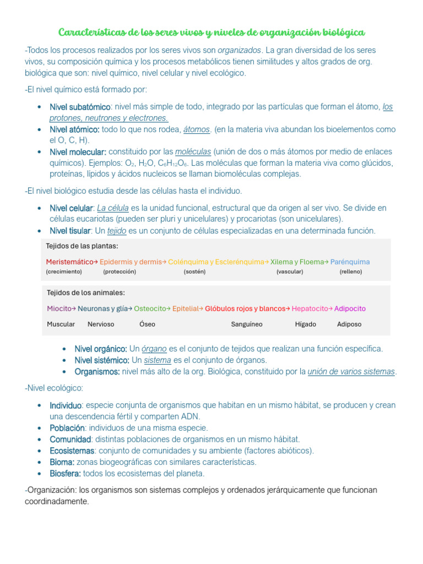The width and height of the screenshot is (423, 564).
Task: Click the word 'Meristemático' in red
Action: [69, 262]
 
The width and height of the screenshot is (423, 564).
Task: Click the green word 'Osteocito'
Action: [150, 309]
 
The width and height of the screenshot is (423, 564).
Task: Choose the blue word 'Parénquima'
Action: [350, 262]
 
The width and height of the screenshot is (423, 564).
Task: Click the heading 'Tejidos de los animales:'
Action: [85, 292]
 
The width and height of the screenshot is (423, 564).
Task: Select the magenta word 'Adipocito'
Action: [350, 309]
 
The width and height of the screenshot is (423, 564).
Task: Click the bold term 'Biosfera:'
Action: [65, 474]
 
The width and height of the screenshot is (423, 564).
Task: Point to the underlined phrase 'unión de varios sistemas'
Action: [351, 372]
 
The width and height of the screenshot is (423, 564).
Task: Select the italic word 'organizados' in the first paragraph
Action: [239, 50]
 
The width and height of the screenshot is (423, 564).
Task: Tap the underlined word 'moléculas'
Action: [193, 151]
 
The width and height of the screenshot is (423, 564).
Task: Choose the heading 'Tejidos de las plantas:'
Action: [82, 246]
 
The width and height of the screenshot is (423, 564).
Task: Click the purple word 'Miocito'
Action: [59, 309]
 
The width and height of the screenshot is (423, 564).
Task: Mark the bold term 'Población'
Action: [67, 428]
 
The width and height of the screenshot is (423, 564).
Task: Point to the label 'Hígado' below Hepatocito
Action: [305, 324]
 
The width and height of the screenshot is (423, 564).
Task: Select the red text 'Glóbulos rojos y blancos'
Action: [245, 309]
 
